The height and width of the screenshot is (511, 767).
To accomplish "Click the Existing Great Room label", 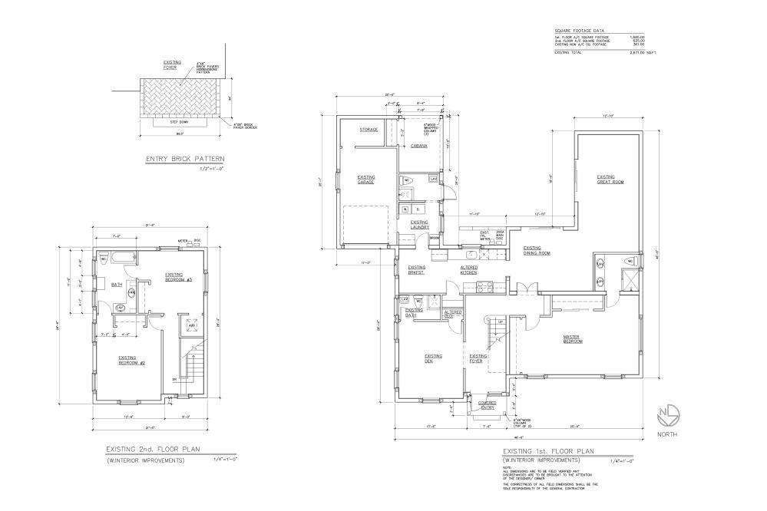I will tap(610, 179).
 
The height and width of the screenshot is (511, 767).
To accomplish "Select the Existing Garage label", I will tap(365, 179).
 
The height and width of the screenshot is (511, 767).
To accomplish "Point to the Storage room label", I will tap(369, 130).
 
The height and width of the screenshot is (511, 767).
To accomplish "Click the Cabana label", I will tap(418, 145).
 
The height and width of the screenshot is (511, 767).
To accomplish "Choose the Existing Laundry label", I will tap(419, 224).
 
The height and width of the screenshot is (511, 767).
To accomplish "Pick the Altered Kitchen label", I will tap(469, 269).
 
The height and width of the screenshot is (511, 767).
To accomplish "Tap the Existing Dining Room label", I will tap(537, 250).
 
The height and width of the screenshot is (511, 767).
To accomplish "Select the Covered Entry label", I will tap(487, 404).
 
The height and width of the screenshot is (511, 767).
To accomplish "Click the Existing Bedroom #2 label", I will tap(127, 360).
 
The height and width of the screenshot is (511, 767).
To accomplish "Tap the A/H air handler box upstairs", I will tap(192, 326).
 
